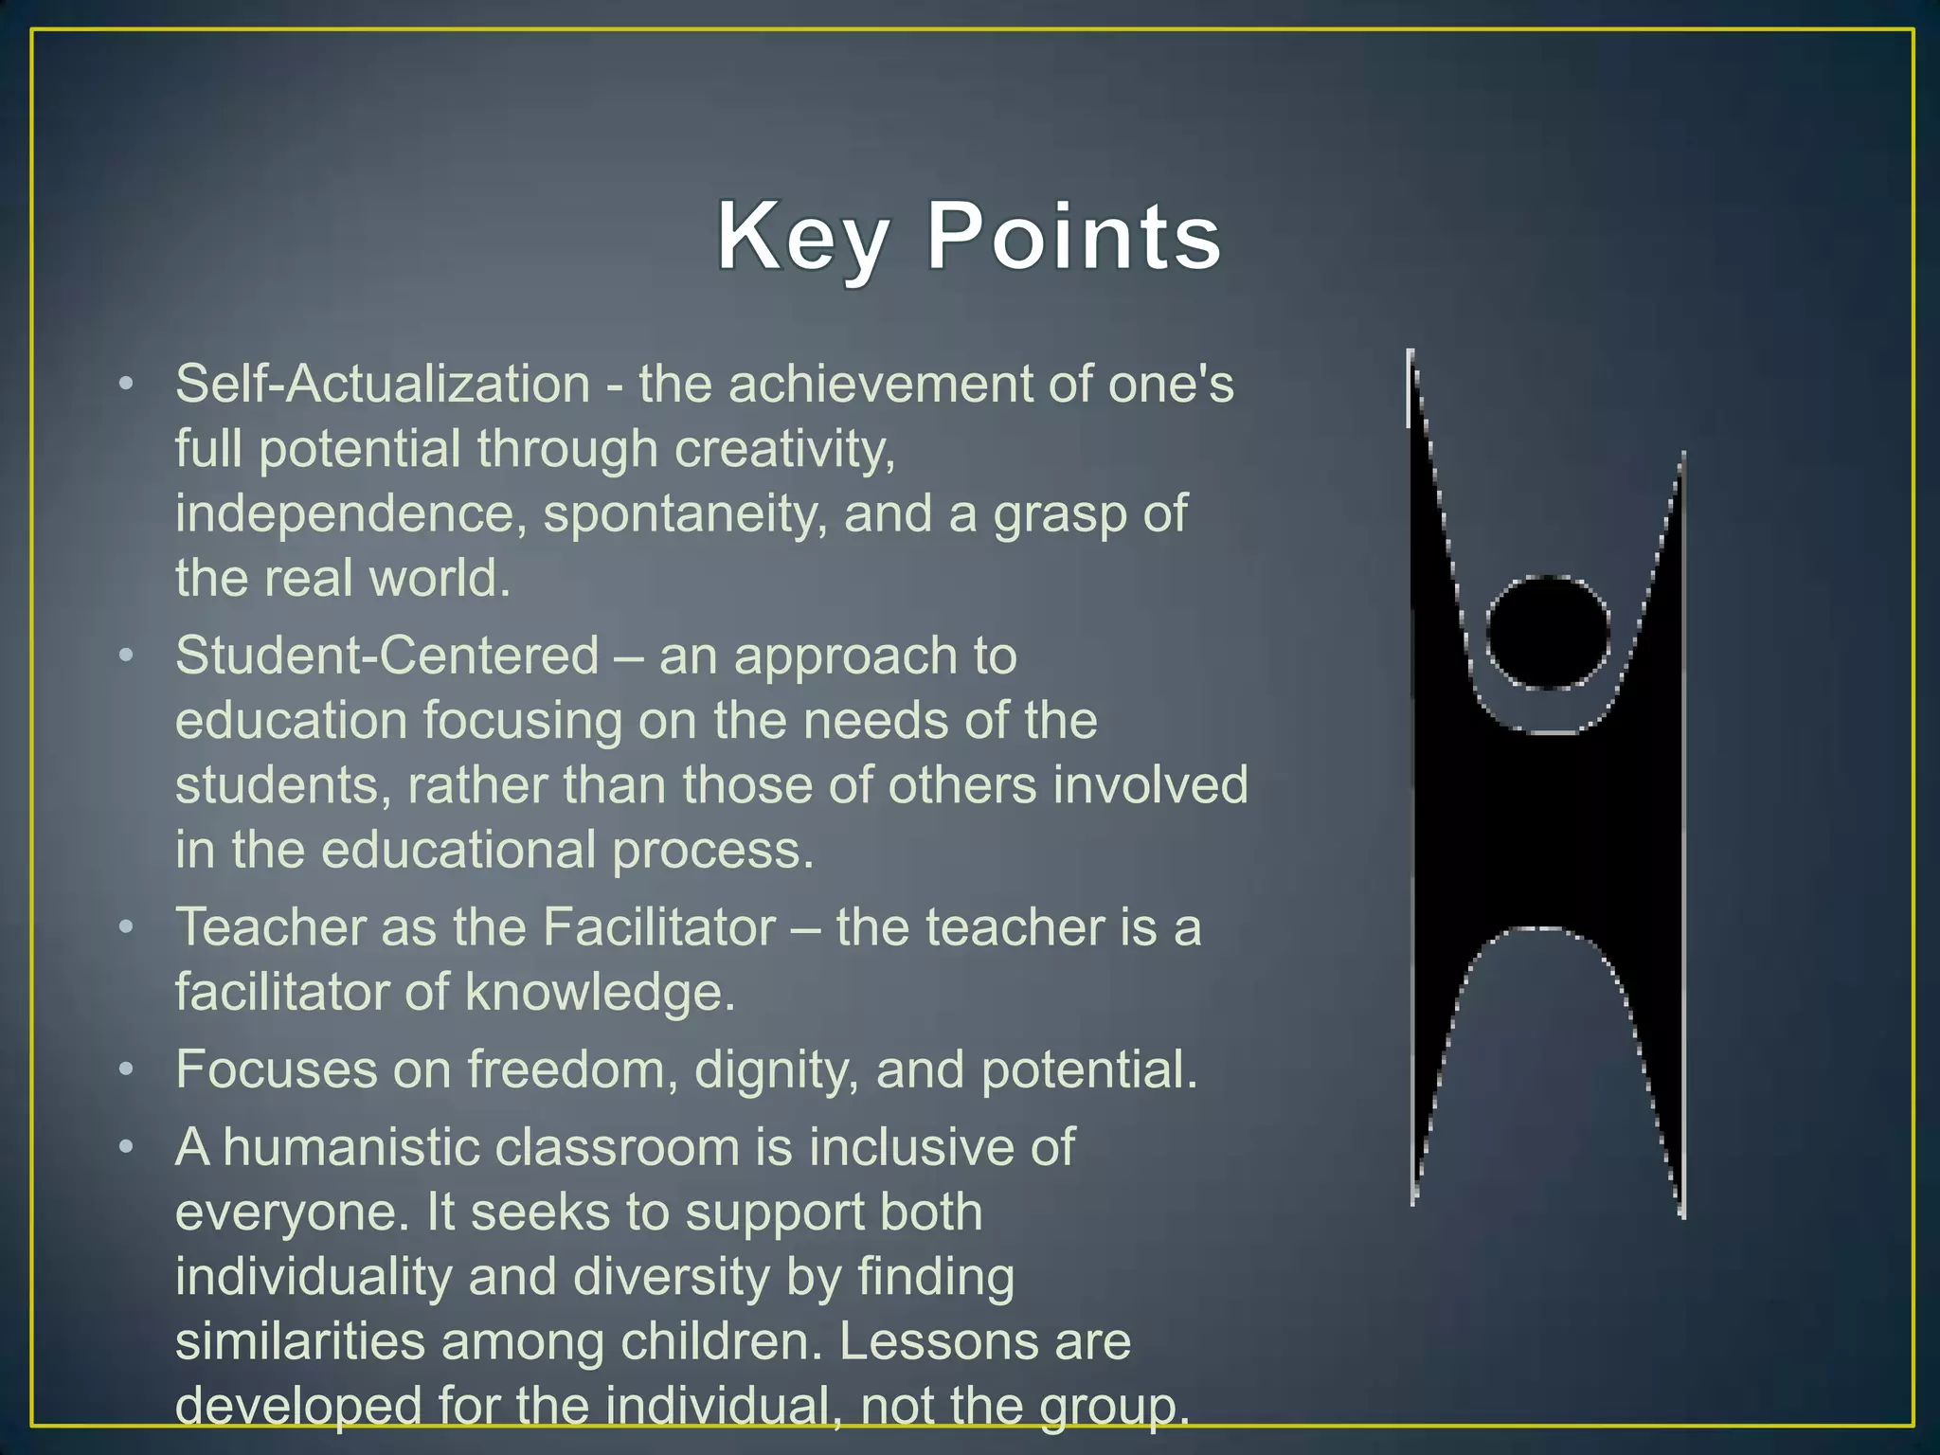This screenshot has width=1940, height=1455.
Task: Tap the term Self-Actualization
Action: (x=383, y=385)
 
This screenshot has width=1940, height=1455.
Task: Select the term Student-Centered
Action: (x=387, y=656)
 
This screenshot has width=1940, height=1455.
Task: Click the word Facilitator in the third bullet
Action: (x=660, y=926)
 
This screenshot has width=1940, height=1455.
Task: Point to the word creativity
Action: (x=784, y=449)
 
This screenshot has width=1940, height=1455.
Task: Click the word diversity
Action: (x=672, y=1277)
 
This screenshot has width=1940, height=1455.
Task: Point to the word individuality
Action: (x=314, y=1277)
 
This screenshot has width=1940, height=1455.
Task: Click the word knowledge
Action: (x=600, y=993)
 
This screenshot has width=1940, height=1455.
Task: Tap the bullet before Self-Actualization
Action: (x=127, y=386)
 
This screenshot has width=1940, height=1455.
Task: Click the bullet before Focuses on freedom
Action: (x=127, y=1070)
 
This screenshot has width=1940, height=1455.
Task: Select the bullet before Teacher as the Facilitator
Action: (x=127, y=927)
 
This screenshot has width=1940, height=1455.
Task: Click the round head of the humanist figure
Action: (x=1548, y=632)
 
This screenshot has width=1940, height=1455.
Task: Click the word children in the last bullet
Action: (x=721, y=1341)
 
